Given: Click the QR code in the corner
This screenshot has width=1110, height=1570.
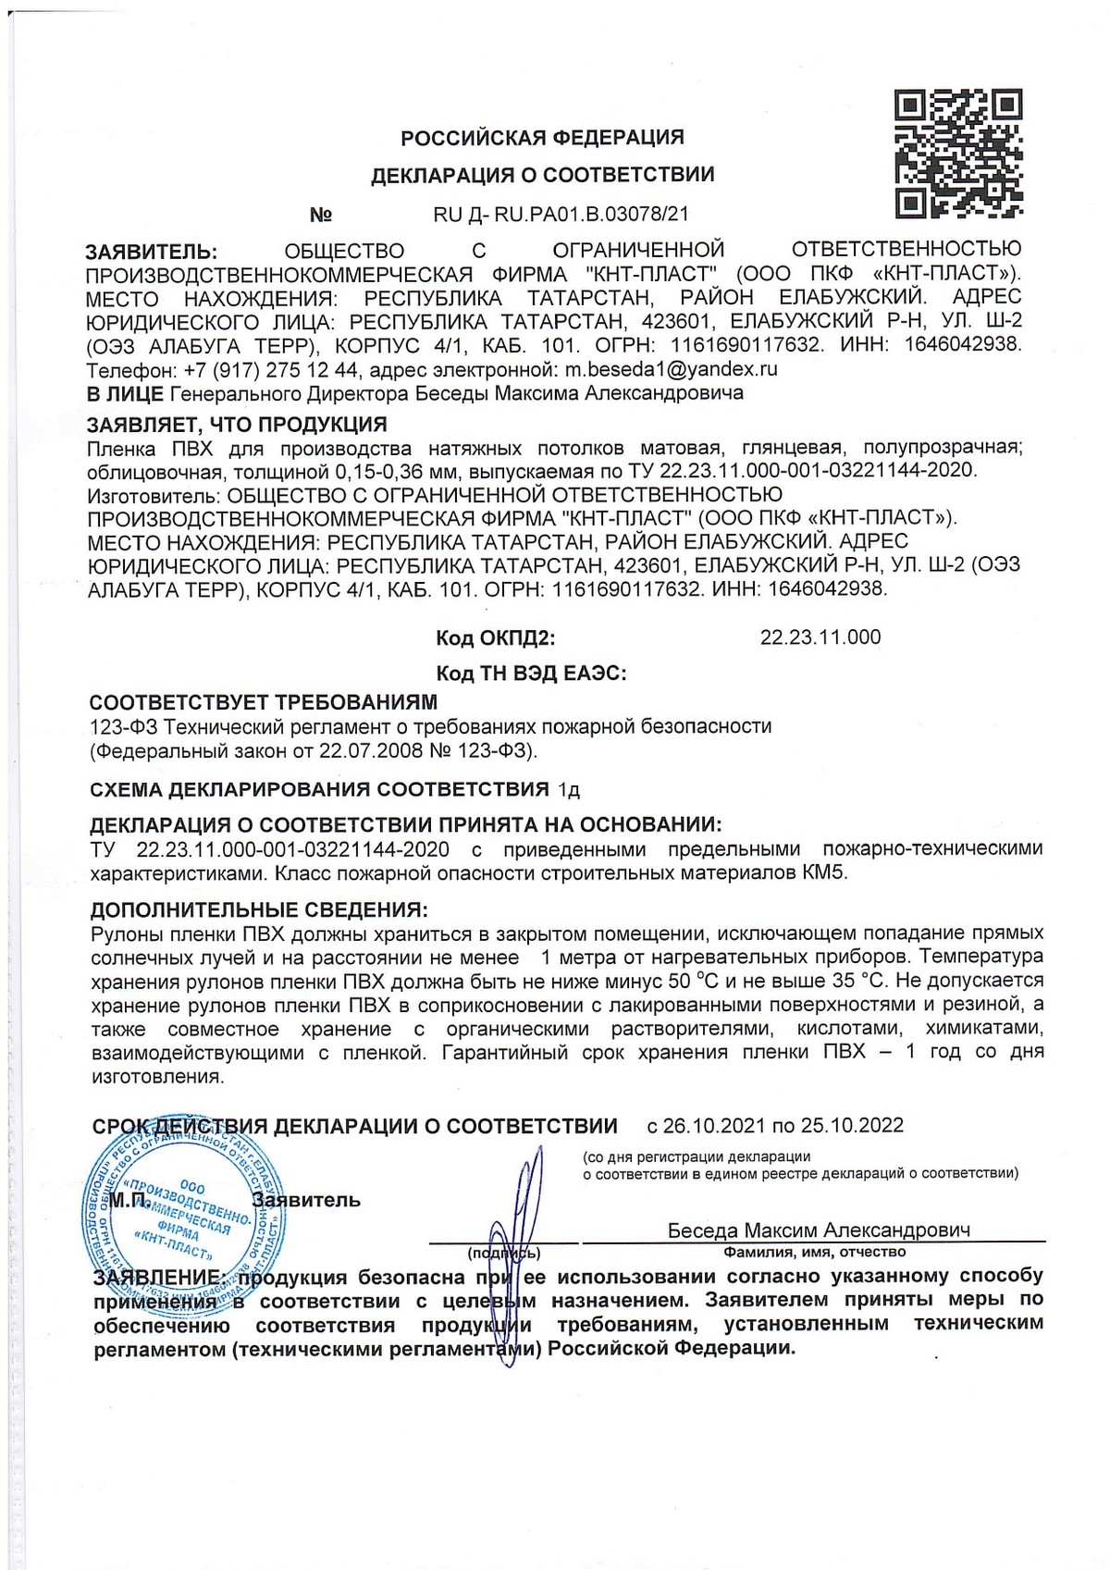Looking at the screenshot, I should [x=958, y=154].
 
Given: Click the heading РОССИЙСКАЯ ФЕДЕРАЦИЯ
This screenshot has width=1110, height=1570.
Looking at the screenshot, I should [x=542, y=138].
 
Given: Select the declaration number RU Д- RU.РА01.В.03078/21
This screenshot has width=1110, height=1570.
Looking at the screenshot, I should [x=561, y=215].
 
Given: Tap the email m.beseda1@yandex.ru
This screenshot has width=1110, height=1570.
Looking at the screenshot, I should [x=671, y=369].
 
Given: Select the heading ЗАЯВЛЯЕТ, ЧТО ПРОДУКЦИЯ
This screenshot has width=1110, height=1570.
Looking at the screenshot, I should [x=237, y=425].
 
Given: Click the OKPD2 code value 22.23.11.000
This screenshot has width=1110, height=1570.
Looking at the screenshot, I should [x=820, y=637].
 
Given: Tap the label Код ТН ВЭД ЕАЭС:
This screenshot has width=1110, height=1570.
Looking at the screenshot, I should [x=531, y=674].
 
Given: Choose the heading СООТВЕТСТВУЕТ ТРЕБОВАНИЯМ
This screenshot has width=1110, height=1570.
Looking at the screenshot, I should [x=263, y=702].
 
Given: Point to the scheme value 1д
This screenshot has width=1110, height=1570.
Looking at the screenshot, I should [x=568, y=790].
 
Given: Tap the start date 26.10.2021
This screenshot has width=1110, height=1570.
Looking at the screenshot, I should [x=714, y=1126].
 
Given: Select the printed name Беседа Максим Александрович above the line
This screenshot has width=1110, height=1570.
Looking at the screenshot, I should [x=819, y=1230].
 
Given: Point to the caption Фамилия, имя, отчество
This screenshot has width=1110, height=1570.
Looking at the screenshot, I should [x=814, y=1252].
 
